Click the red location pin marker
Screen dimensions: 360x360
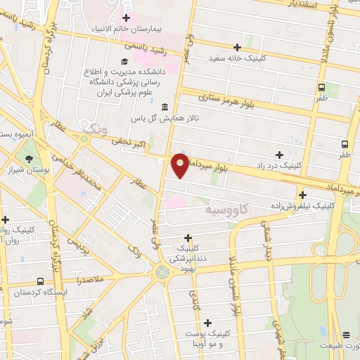[x=181, y=166]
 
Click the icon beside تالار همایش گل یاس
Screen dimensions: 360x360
[x=165, y=107]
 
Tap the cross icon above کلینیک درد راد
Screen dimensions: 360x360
[x=280, y=155]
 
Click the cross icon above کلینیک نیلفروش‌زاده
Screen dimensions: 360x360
[x=302, y=195]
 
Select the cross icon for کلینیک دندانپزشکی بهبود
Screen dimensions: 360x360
[x=188, y=238]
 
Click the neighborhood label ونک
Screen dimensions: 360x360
[x=92, y=129]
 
